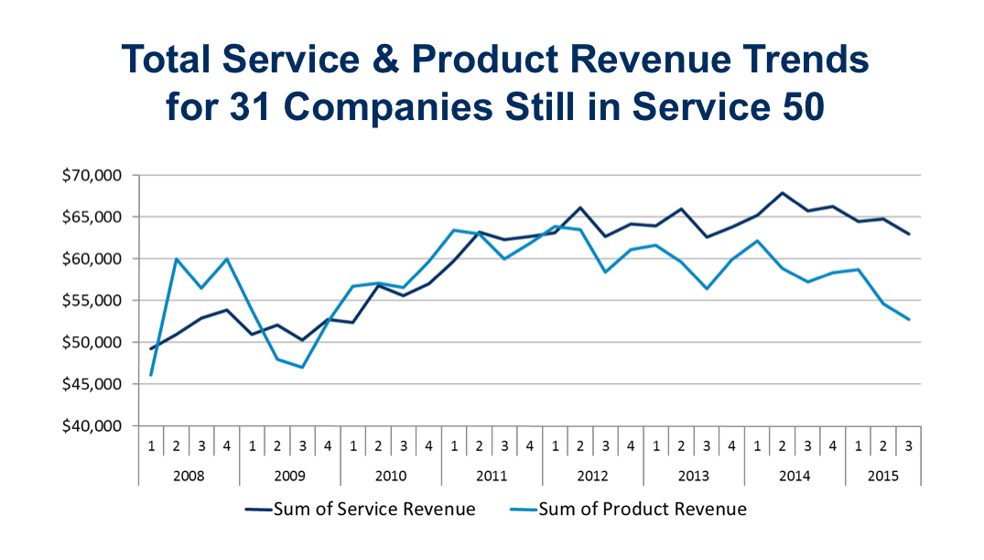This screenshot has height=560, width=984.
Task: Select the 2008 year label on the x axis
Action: (189, 477)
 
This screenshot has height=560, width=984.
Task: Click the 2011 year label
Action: (492, 477)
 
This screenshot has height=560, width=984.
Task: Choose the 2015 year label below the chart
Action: (882, 477)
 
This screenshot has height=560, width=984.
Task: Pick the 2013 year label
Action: (693, 477)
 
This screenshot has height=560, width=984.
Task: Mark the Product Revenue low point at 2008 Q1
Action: (151, 375)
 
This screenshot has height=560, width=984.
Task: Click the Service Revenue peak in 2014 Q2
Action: (782, 193)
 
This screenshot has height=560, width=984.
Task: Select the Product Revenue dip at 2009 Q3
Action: (302, 368)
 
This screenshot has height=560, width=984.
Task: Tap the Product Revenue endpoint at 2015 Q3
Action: (907, 319)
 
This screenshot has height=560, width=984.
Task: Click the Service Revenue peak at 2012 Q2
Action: (579, 208)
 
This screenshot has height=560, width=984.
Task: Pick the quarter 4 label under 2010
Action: (428, 445)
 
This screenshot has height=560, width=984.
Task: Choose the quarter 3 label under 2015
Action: (908, 445)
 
